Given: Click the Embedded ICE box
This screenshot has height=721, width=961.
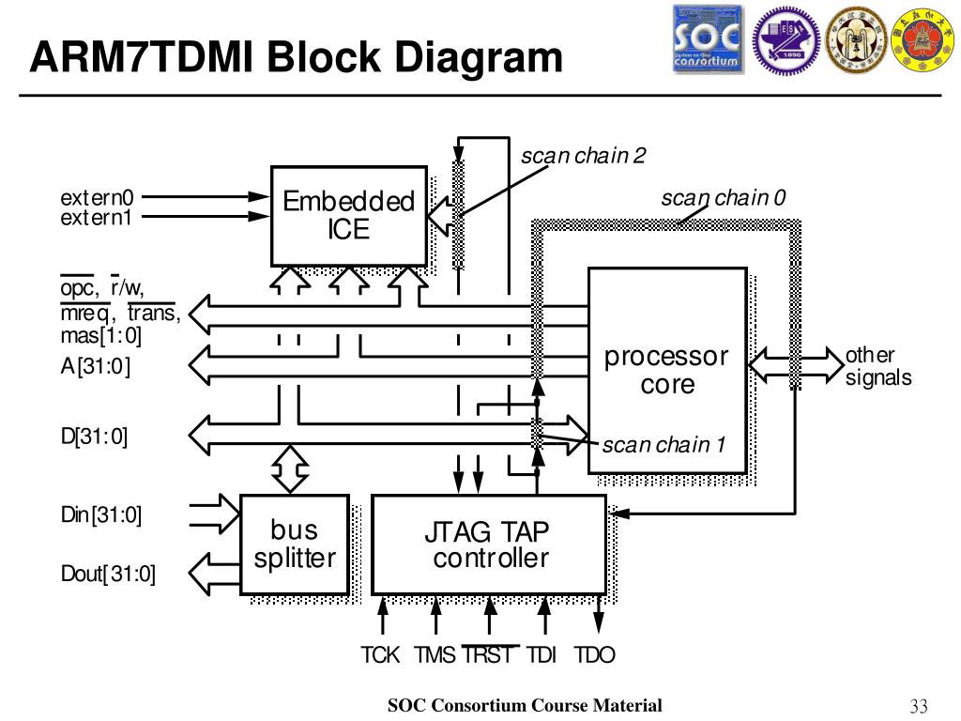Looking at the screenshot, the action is pyautogui.click(x=349, y=216).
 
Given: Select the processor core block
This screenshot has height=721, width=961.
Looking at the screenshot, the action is pyautogui.click(x=667, y=370).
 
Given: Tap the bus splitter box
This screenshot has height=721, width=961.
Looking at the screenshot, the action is pyautogui.click(x=295, y=545).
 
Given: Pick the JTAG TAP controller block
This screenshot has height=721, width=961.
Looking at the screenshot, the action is pyautogui.click(x=489, y=545).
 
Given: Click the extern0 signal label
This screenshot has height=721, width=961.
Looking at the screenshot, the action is pyautogui.click(x=97, y=197).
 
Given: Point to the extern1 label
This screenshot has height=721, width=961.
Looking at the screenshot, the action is pyautogui.click(x=97, y=218).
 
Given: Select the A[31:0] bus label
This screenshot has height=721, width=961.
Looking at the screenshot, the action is pyautogui.click(x=96, y=366).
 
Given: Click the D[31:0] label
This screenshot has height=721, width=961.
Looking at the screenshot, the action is pyautogui.click(x=94, y=436).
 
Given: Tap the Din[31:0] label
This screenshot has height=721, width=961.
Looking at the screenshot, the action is pyautogui.click(x=101, y=514).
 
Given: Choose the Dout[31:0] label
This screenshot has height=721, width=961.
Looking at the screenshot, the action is pyautogui.click(x=108, y=574).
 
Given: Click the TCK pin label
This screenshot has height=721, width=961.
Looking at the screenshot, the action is pyautogui.click(x=380, y=654).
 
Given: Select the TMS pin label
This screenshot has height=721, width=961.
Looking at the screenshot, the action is pyautogui.click(x=435, y=654).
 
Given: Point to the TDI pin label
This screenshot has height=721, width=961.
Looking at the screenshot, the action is pyautogui.click(x=542, y=654).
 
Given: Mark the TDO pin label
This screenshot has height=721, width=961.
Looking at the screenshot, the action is pyautogui.click(x=594, y=654).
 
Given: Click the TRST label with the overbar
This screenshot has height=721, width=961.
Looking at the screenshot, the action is pyautogui.click(x=489, y=654).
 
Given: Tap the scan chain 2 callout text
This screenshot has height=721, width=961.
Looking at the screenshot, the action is pyautogui.click(x=583, y=156).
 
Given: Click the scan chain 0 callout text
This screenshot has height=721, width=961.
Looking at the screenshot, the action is pyautogui.click(x=724, y=197).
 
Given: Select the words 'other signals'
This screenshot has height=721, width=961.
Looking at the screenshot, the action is pyautogui.click(x=878, y=366).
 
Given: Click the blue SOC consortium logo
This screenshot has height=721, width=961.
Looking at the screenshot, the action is pyautogui.click(x=709, y=39).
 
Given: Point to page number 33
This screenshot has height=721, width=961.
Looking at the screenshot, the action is pyautogui.click(x=919, y=706).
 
